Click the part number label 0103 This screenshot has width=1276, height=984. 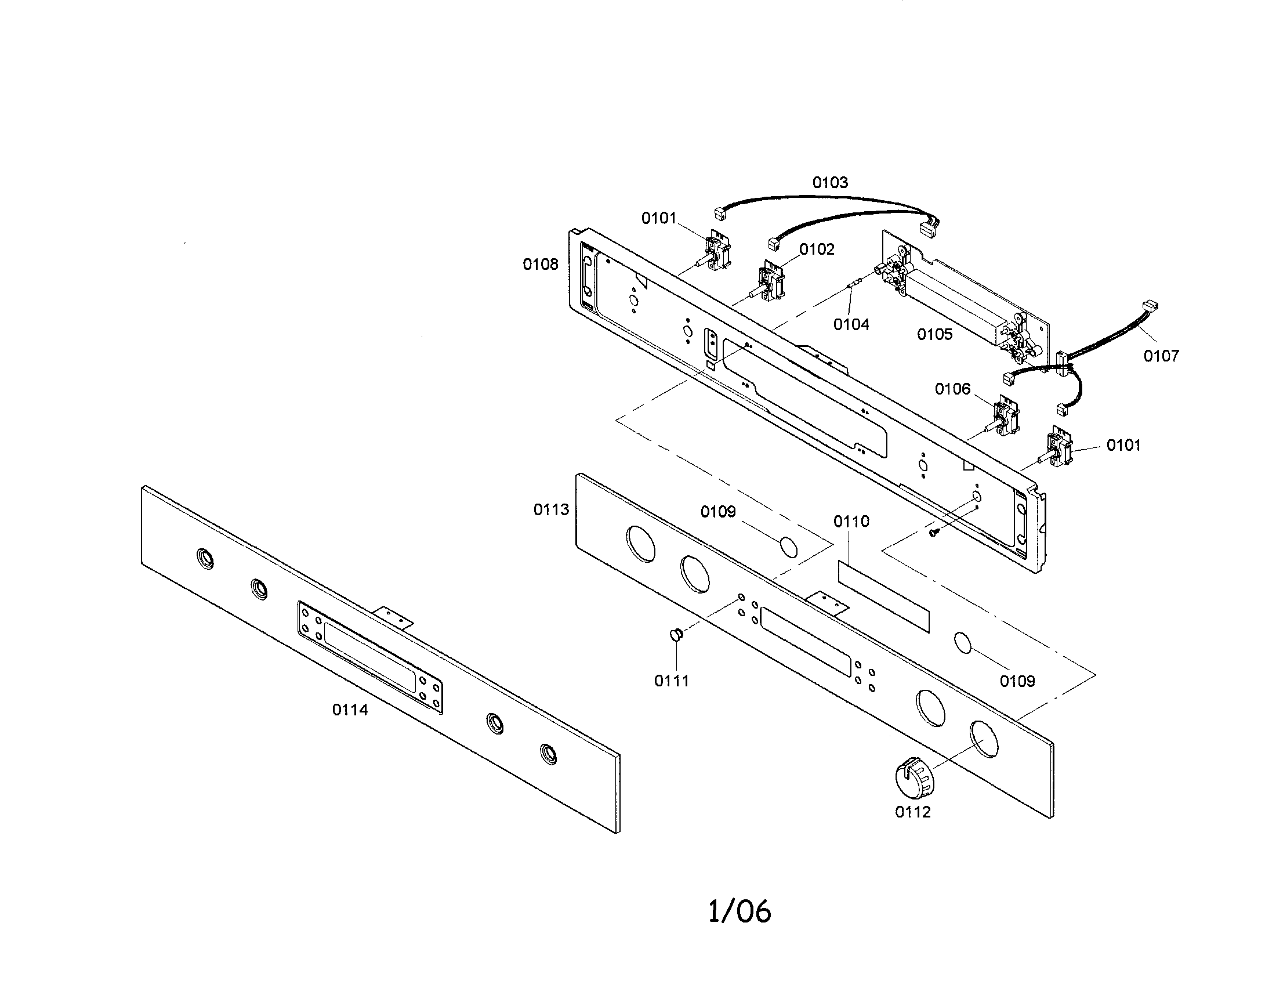pyautogui.click(x=829, y=183)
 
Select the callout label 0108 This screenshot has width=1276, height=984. pyautogui.click(x=541, y=265)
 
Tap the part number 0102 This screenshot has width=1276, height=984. pyautogui.click(x=817, y=249)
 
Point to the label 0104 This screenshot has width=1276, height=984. pyautogui.click(x=851, y=324)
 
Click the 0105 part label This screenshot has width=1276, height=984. pyautogui.click(x=935, y=334)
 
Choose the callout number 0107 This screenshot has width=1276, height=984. pyautogui.click(x=1162, y=355)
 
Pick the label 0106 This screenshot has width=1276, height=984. pyautogui.click(x=953, y=389)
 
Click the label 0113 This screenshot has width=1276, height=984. pyautogui.click(x=551, y=509)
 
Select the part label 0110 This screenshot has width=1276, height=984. pyautogui.click(x=851, y=521)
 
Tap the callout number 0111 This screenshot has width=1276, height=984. pyautogui.click(x=672, y=681)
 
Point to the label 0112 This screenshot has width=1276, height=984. pyautogui.click(x=912, y=812)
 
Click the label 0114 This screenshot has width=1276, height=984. pyautogui.click(x=350, y=710)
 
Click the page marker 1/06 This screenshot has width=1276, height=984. pyautogui.click(x=739, y=911)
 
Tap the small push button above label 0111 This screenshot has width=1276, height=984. pyautogui.click(x=676, y=635)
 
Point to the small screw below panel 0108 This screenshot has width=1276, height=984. pyautogui.click(x=934, y=532)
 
